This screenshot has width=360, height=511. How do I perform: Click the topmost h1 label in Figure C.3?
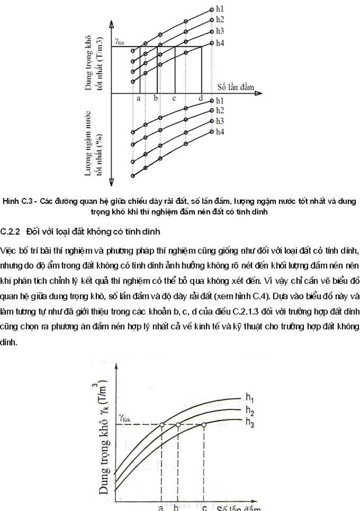(x=221, y=9)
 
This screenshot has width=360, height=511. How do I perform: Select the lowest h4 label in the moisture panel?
(x=221, y=132)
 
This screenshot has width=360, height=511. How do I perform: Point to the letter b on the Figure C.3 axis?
(x=156, y=98)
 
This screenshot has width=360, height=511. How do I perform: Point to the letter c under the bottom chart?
(x=204, y=506)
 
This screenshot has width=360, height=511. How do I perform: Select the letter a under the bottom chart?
(x=160, y=507)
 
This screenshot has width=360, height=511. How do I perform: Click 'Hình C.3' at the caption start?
(x=17, y=201)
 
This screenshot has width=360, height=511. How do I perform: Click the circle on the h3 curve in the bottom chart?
(x=204, y=425)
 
